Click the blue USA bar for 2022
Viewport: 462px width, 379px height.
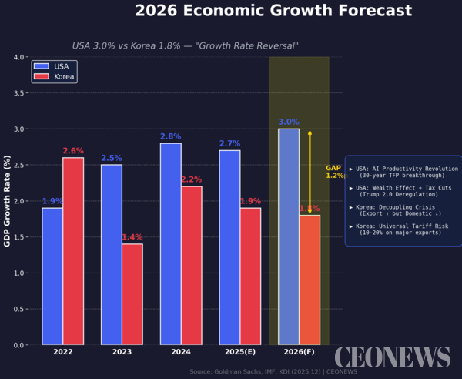(52, 276)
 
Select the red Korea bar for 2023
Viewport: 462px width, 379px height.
(132, 294)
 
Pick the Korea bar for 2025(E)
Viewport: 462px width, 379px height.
(250, 276)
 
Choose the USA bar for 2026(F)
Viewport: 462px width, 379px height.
(289, 236)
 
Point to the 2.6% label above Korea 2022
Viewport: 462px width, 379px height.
(73, 151)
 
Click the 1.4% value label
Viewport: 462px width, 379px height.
(132, 237)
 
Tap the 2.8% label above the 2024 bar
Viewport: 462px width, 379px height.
(170, 137)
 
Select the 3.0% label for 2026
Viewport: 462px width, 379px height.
(289, 122)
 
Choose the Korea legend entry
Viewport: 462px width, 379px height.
(56, 77)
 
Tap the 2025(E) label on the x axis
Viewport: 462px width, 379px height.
(239, 352)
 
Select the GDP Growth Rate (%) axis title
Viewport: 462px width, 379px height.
(7, 200)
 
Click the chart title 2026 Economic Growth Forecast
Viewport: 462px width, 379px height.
(273, 11)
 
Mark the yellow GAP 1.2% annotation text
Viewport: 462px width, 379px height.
(335, 172)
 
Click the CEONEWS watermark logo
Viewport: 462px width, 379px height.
(392, 357)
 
